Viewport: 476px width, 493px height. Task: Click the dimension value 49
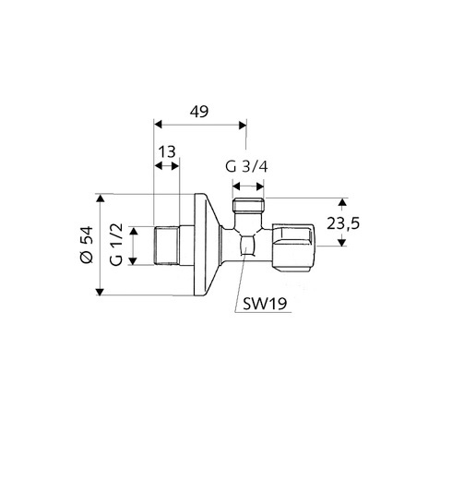pos(199,112)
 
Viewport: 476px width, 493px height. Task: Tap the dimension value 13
pos(167,152)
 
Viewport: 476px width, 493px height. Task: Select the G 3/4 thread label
pos(246,166)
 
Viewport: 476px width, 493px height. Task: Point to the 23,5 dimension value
pos(343,223)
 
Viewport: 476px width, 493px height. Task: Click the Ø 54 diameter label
pos(87,245)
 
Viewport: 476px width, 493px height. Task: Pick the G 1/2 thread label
pos(116,245)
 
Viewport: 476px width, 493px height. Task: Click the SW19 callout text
pos(265,304)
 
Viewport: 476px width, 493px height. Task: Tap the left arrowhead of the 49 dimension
pos(158,125)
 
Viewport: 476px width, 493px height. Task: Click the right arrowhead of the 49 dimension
pos(243,126)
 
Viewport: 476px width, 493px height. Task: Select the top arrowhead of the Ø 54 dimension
pos(100,198)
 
